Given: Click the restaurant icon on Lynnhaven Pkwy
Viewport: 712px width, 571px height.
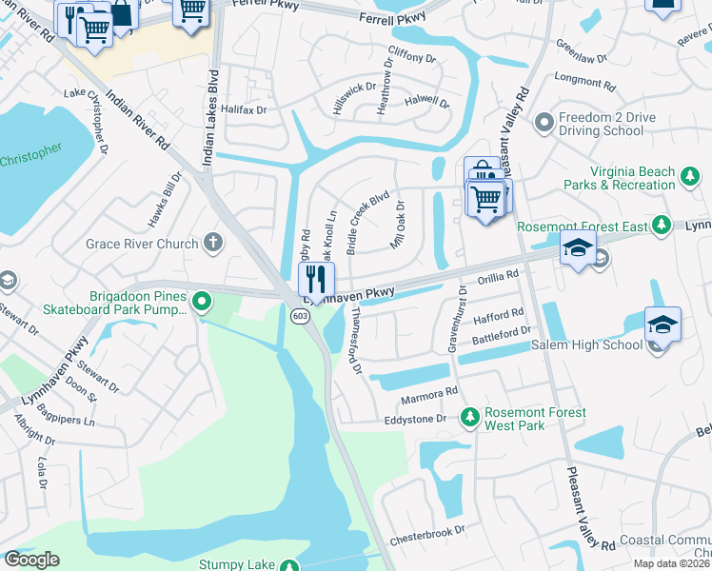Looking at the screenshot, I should (316, 279).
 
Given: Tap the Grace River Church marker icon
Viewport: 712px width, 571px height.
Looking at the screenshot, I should (213, 244).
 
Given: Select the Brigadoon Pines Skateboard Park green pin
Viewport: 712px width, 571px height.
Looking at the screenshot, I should (202, 303).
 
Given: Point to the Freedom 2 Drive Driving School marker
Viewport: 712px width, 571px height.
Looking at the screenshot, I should (544, 122).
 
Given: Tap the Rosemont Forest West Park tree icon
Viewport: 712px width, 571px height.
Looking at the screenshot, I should (468, 418).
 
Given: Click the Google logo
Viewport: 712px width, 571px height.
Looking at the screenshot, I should (31, 560).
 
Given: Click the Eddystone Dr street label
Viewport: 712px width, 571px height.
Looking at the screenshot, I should (414, 419).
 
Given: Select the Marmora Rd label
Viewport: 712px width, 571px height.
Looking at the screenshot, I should (429, 390).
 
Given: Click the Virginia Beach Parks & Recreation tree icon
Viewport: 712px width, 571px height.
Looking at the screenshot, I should (689, 177).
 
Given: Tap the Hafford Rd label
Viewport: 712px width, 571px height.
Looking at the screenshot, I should (499, 313).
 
